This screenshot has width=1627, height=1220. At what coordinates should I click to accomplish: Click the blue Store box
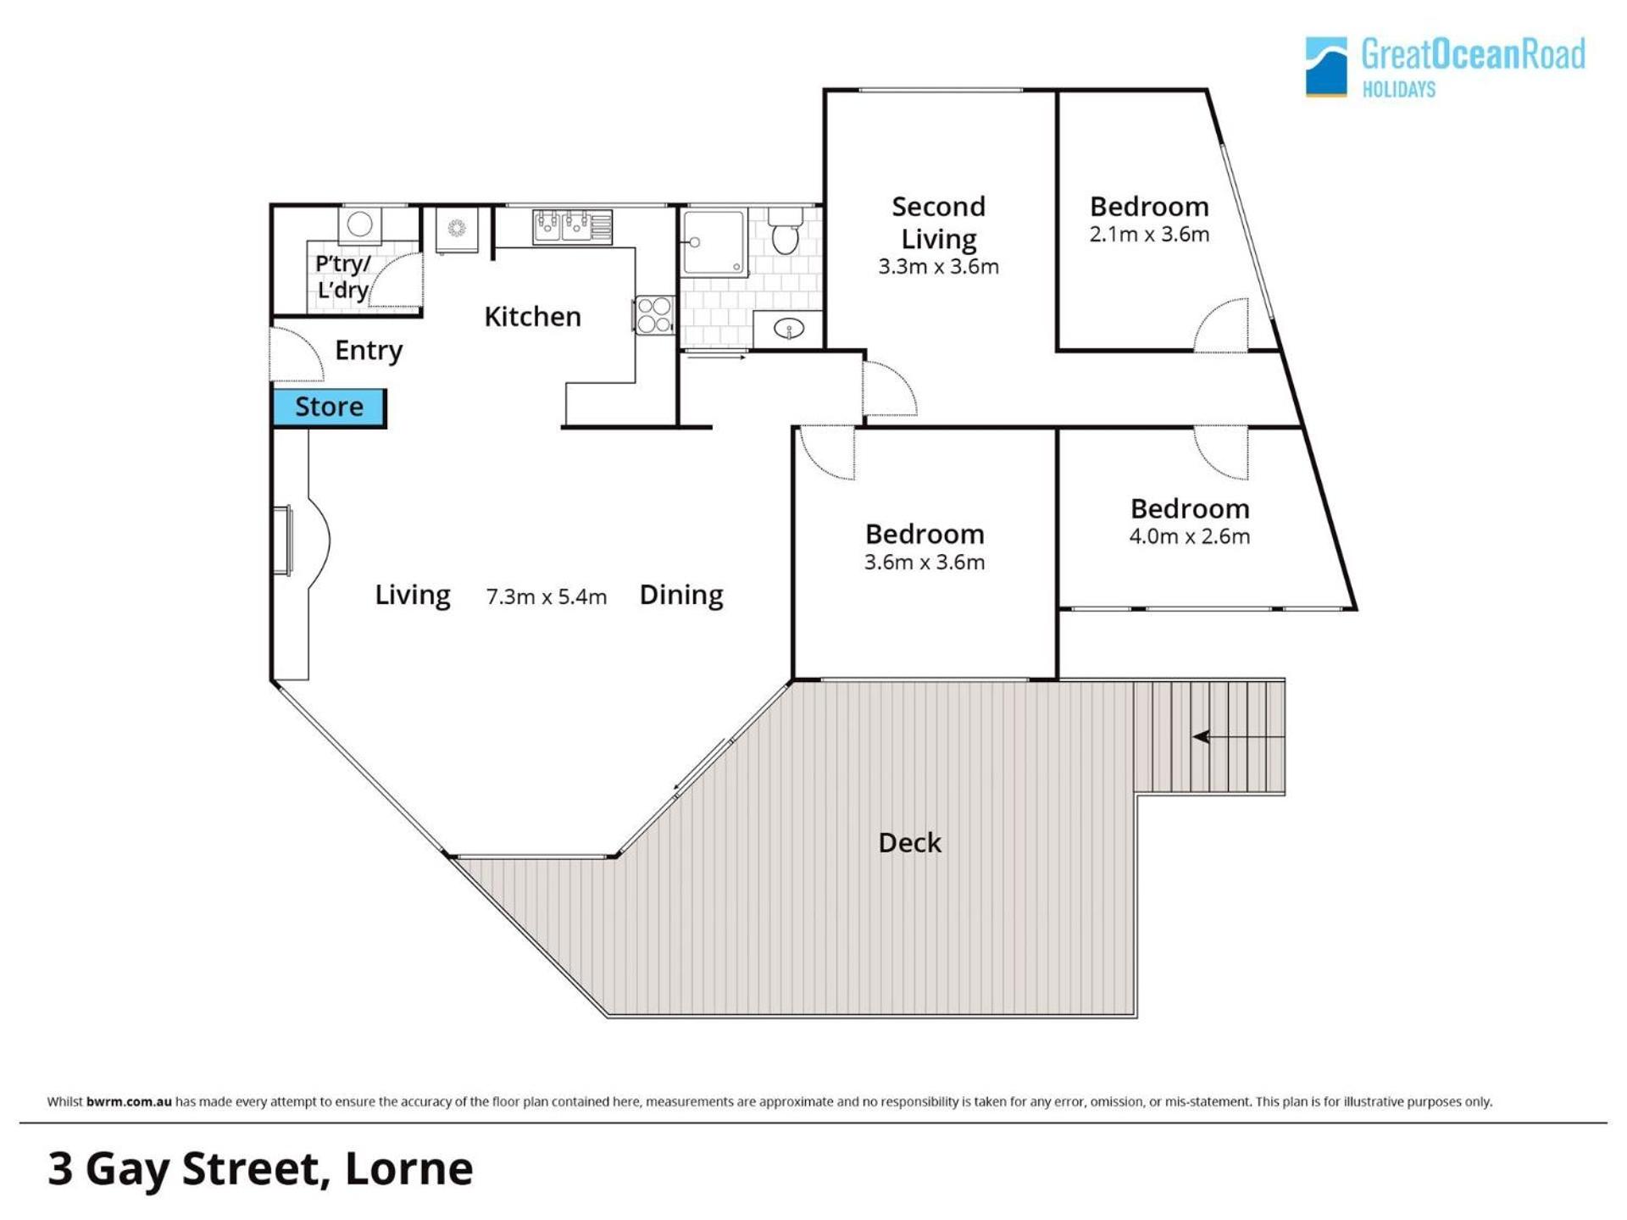(x=329, y=408)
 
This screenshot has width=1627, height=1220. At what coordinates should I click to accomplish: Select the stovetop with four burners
(x=654, y=314)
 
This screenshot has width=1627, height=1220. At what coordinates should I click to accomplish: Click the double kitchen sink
(x=571, y=226)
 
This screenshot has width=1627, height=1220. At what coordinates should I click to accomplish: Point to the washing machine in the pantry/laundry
(x=360, y=225)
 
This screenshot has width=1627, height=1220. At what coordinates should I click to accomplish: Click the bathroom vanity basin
(x=788, y=329)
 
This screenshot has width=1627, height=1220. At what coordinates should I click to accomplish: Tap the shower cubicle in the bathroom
(x=714, y=242)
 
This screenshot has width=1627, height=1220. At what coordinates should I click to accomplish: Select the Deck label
(x=910, y=843)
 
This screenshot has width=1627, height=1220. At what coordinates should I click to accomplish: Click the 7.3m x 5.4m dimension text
(x=547, y=597)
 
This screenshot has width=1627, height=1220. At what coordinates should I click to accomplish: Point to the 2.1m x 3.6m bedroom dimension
(x=1149, y=235)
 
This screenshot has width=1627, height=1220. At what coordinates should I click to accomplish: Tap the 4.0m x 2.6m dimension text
(x=1190, y=536)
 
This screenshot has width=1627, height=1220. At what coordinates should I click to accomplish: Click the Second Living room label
(x=939, y=223)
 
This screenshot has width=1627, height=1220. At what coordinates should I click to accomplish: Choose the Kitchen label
(x=533, y=317)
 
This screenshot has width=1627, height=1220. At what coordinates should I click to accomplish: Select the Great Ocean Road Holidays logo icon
(x=1326, y=67)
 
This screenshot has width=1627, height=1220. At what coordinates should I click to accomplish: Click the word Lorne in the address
(x=409, y=1169)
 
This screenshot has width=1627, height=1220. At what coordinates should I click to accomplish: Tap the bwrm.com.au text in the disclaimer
(x=129, y=1102)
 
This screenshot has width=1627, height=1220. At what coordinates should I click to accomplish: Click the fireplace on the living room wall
(x=300, y=539)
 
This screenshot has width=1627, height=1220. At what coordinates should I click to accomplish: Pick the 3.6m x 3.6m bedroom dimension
(x=925, y=563)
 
